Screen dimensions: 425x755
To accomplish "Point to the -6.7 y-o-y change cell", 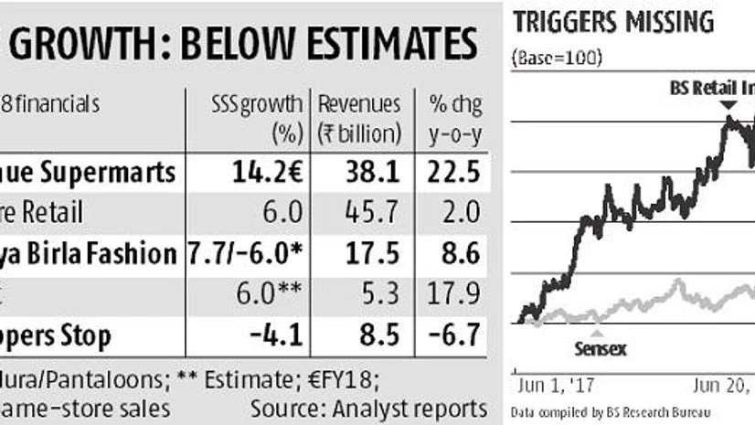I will (453, 335).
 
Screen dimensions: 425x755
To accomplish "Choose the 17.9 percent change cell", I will (454, 294).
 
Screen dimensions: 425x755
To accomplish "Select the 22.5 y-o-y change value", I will (454, 172).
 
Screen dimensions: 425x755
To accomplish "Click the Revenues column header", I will (359, 104).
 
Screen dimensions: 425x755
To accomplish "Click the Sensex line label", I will (602, 348).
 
